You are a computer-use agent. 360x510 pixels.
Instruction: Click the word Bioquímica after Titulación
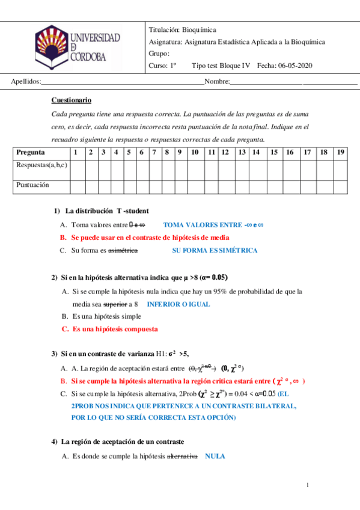click(x=198, y=29)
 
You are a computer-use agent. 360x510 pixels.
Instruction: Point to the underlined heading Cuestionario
click(x=72, y=100)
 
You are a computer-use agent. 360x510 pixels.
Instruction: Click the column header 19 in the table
click(x=341, y=152)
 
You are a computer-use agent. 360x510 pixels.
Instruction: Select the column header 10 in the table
click(x=195, y=152)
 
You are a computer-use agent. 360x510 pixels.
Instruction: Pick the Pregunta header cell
click(x=30, y=152)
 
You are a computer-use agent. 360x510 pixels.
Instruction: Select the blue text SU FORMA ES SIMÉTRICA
click(x=215, y=250)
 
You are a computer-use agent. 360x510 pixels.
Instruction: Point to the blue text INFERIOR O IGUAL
click(x=178, y=304)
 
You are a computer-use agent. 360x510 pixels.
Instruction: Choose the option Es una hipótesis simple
click(x=107, y=316)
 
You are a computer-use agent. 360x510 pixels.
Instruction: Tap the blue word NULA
click(x=215, y=456)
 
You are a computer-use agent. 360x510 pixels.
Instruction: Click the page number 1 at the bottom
click(x=307, y=485)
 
